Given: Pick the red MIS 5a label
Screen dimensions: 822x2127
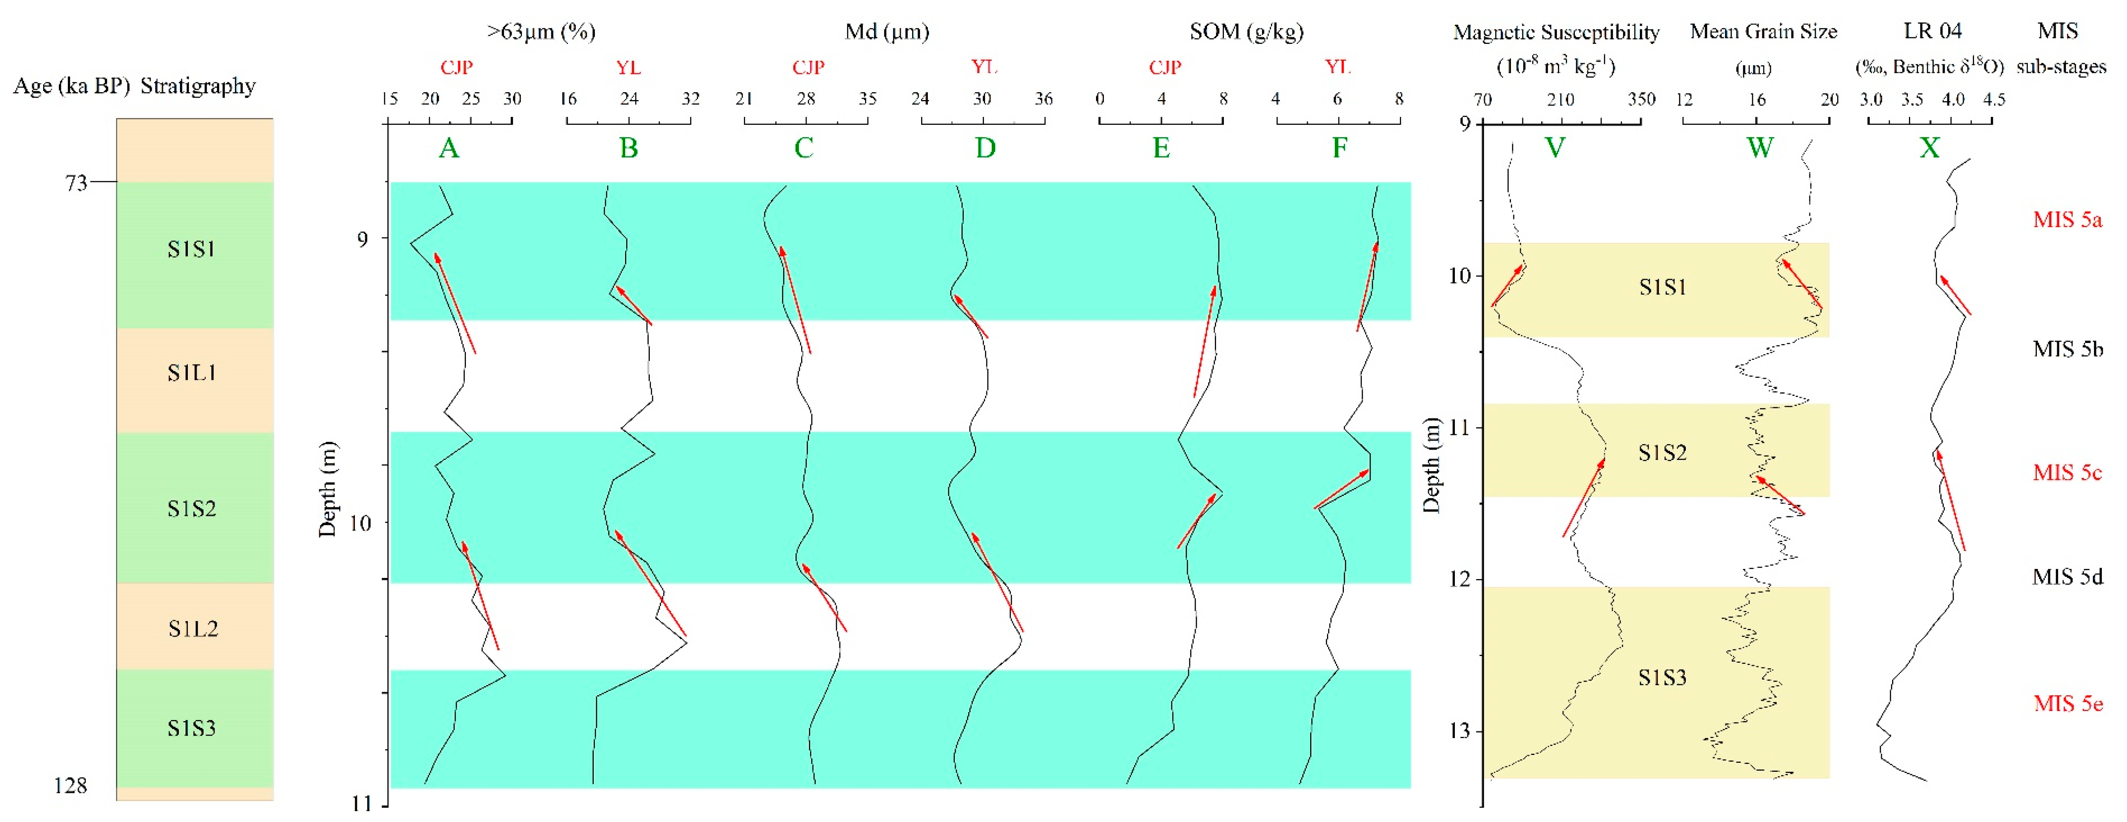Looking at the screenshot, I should coord(2067,220).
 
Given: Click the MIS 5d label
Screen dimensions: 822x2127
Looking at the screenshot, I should coord(2067,577).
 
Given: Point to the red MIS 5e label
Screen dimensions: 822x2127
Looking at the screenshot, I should coord(2067,704).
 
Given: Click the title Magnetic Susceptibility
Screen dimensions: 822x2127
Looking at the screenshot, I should coord(1556,32).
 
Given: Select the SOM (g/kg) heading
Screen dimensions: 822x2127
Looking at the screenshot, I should coord(1246,32).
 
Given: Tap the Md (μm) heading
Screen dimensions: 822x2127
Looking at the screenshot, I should coord(887,32).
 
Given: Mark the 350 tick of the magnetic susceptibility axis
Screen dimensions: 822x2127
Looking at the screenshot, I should coord(1641,100).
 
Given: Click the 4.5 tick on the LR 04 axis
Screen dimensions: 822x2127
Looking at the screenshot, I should coord(1993,100).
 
